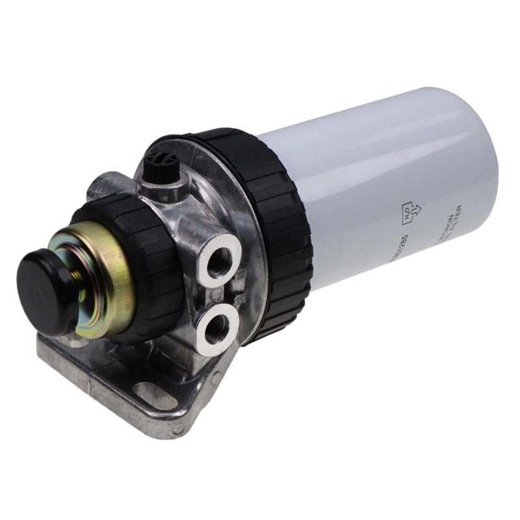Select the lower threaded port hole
(215, 324)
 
